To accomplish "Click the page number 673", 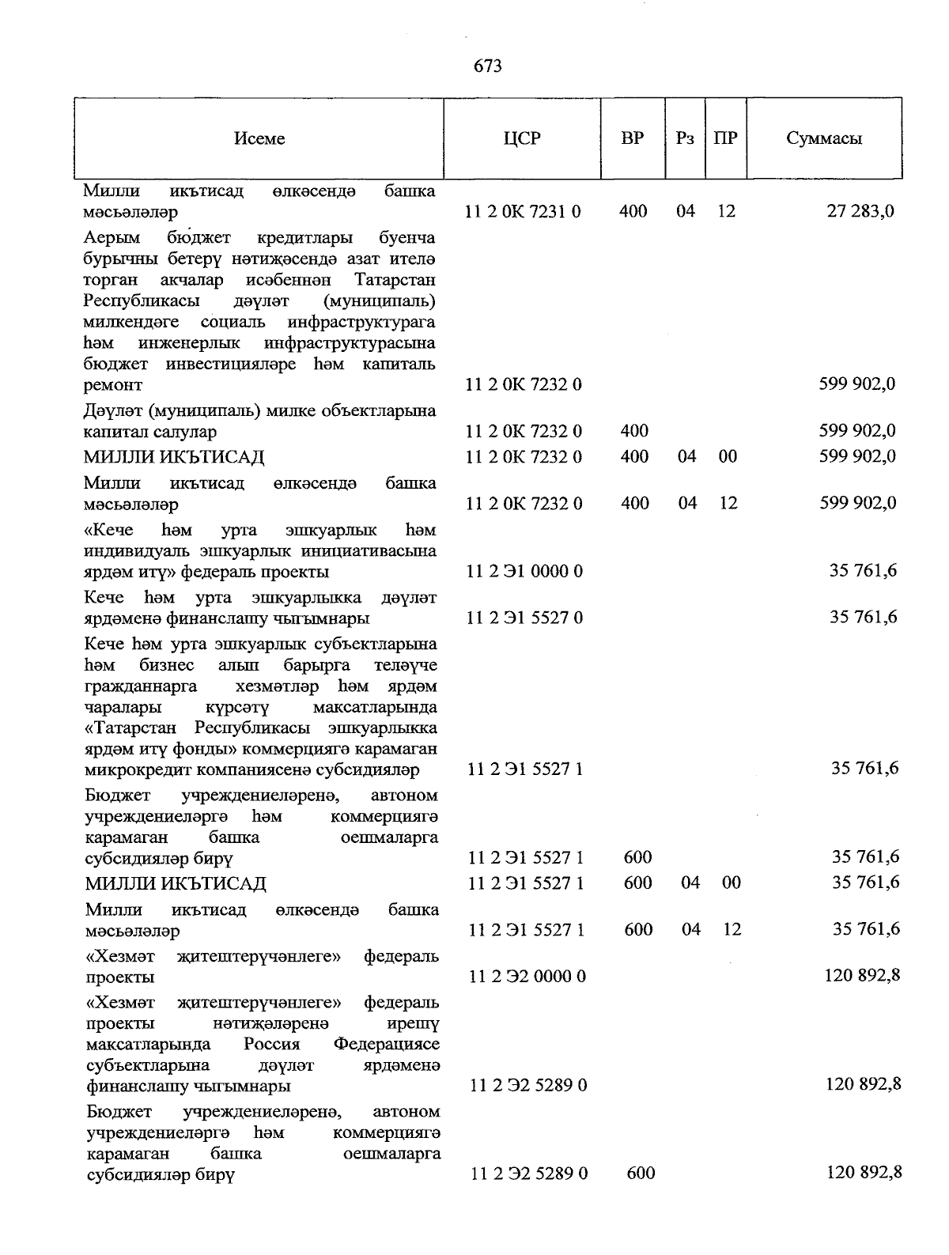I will [488, 66].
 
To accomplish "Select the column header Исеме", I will [259, 138].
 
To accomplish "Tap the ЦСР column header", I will [522, 138].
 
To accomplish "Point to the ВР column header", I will [633, 138].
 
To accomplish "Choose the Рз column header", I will [686, 138].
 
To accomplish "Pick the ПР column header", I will [725, 138].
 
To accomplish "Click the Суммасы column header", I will [824, 138].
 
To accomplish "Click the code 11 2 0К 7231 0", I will [524, 211].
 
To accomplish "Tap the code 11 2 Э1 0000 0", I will [525, 571].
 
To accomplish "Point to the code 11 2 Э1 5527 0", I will [525, 617].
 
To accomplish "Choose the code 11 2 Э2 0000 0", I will [527, 976].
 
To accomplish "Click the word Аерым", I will [112, 238].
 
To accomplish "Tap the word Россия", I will [272, 1044].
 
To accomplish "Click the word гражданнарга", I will [141, 686].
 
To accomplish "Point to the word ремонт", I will [113, 385].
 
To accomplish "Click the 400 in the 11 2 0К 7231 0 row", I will [633, 211].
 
